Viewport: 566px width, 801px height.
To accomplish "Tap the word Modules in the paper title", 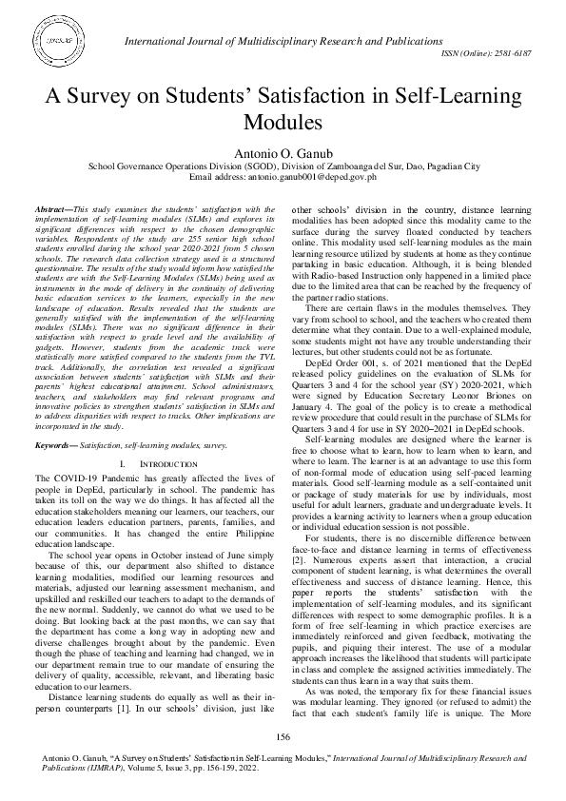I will [x=283, y=122].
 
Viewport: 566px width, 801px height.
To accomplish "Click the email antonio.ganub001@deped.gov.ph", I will [x=306, y=177].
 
